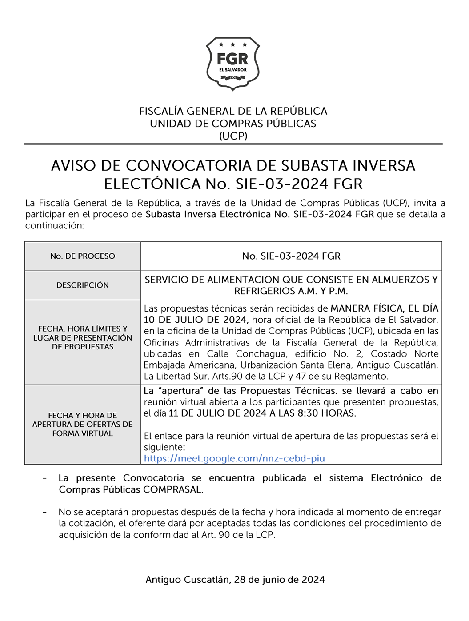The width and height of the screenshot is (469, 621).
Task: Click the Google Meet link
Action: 234,458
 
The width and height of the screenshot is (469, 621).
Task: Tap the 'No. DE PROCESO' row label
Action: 83,256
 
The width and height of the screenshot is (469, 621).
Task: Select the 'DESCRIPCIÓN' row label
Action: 83,285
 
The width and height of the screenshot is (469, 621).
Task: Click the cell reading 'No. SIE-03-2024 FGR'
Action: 291,256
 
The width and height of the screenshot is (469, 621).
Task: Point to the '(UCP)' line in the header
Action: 233,136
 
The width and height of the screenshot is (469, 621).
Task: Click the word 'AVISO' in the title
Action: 73,166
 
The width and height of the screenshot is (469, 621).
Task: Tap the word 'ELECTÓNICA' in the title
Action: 152,184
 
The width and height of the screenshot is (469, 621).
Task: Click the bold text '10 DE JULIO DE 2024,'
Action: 196,320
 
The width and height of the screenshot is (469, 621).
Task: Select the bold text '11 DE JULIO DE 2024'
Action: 218,413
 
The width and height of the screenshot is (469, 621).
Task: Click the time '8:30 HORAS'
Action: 329,413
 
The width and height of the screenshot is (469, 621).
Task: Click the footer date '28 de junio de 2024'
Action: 280,580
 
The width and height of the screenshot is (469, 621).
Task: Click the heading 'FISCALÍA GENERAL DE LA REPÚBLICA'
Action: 233,111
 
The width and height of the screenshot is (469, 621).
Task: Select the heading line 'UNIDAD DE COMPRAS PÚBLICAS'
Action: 233,124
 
